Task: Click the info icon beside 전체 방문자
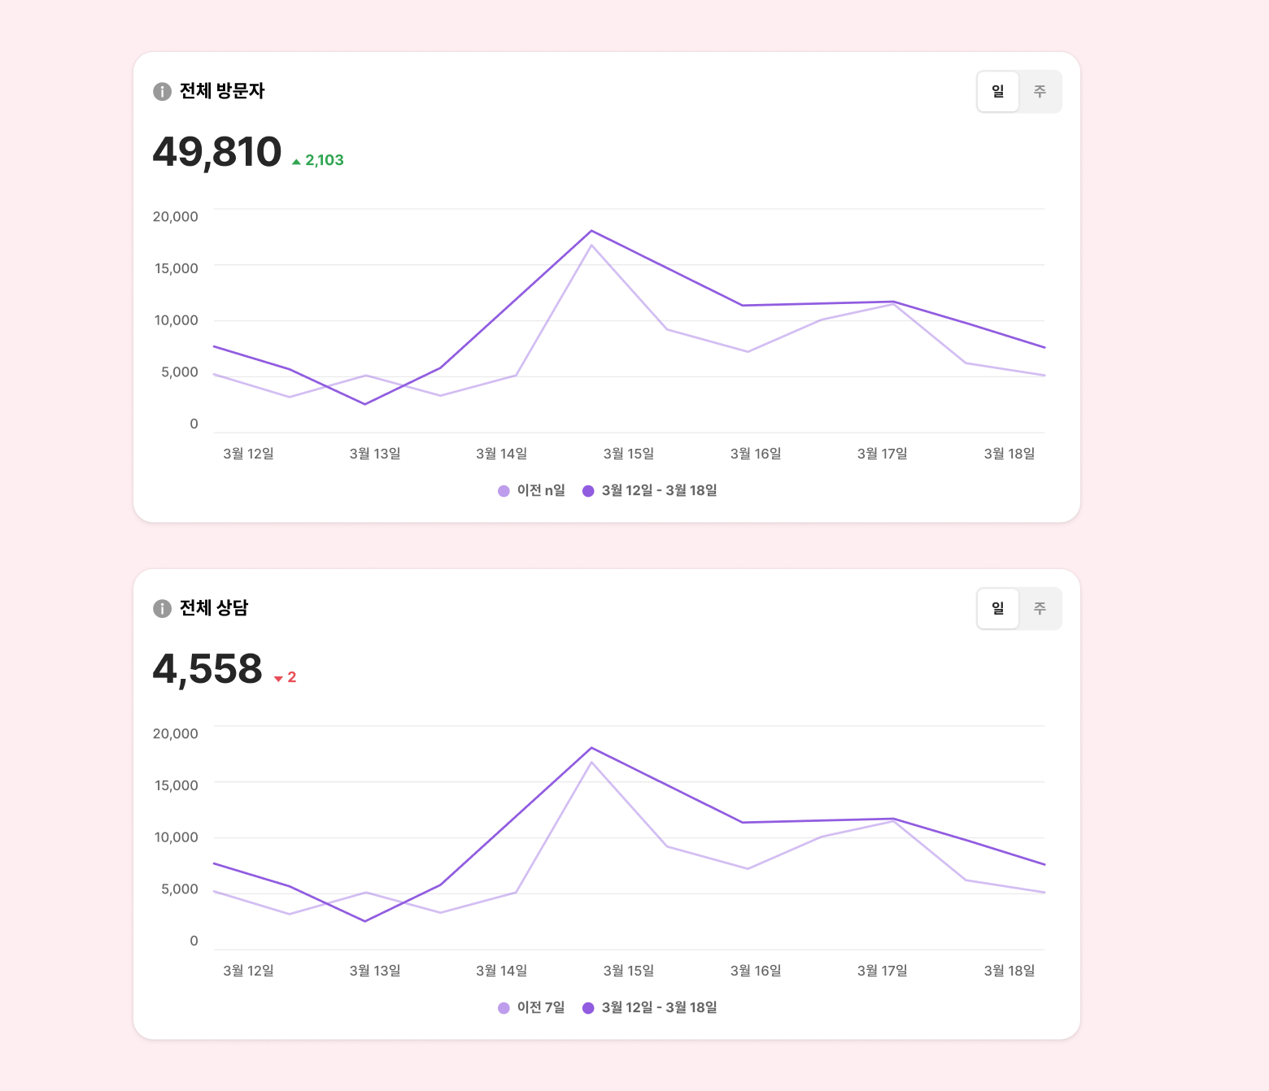[162, 91]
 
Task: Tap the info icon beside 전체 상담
[162, 608]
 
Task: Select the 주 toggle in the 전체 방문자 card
[1040, 91]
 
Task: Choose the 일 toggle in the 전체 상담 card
[998, 608]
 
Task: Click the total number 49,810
[217, 152]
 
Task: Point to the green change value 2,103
[324, 160]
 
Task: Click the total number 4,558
[207, 669]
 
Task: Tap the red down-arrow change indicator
[279, 678]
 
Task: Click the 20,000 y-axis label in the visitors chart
[176, 216]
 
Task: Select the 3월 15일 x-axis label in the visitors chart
[628, 454]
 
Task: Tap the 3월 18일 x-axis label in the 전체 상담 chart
[1009, 971]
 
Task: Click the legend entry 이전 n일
[532, 490]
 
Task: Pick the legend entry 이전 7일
[532, 1007]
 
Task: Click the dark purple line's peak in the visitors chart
[591, 231]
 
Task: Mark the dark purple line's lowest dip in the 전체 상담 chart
[365, 921]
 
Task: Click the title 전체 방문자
[222, 91]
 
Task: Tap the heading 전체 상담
[214, 608]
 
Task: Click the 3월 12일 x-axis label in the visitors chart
[248, 454]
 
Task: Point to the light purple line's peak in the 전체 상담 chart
[591, 763]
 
